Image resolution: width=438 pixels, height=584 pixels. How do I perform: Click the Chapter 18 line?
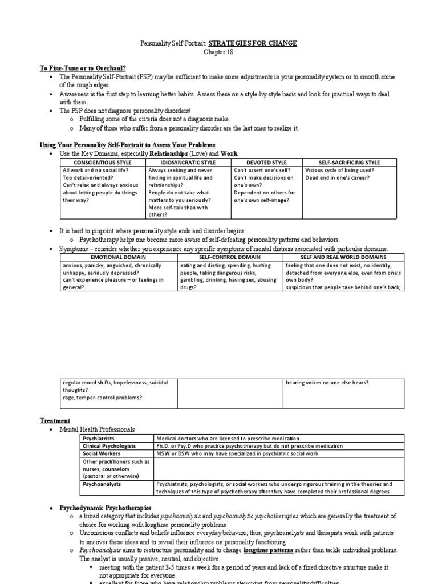[x=219, y=52]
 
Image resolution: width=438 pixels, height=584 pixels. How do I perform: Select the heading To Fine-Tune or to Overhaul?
[x=76, y=68]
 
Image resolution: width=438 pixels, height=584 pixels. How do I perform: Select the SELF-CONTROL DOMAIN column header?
[x=230, y=258]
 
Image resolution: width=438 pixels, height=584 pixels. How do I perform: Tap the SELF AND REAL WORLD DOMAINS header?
[x=344, y=258]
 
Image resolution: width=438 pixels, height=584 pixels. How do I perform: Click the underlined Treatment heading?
[x=55, y=420]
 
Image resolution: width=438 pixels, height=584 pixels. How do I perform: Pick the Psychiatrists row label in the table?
[x=99, y=438]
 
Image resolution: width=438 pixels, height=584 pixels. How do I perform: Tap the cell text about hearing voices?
[x=327, y=383]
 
